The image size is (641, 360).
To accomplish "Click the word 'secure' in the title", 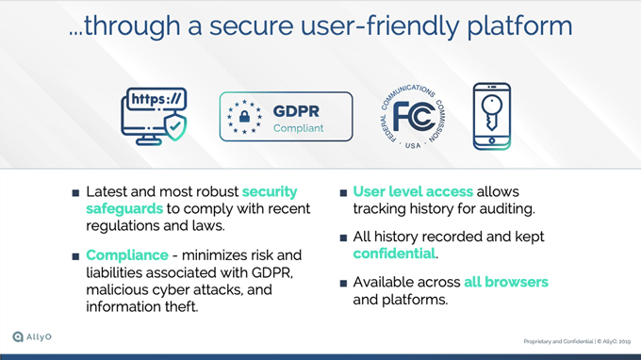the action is pos(251,25).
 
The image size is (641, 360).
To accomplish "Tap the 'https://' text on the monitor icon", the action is pos(156,99).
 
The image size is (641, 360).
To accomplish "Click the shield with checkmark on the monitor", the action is pos(175,127).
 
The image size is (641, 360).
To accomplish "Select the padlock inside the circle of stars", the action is pos(244,117).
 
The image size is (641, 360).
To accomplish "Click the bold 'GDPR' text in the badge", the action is pos(296,111).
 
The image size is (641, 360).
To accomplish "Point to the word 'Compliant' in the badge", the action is pos(299,128).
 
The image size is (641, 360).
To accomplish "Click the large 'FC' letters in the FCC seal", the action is pos(414,117).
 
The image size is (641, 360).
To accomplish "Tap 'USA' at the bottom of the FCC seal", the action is pos(413,145).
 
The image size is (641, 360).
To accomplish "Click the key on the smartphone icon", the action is pos(491,112).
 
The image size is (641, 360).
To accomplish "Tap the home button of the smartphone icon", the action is pos(492,141).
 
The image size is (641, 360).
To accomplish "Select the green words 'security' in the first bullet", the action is pos(270,191).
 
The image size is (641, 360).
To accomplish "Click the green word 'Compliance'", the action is pos(127,255).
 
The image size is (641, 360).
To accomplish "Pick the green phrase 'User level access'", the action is pos(413,191).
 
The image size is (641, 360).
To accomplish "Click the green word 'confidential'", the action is pos(394,254).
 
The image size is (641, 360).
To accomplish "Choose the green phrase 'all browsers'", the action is pos(506,282).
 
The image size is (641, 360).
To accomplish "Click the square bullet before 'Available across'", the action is pos(343,283).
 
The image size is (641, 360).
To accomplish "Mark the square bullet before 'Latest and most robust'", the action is pos(75,193).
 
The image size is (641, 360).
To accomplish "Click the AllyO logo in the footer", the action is pos(32,336).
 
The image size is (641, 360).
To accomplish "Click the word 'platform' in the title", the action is pos(519,26).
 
